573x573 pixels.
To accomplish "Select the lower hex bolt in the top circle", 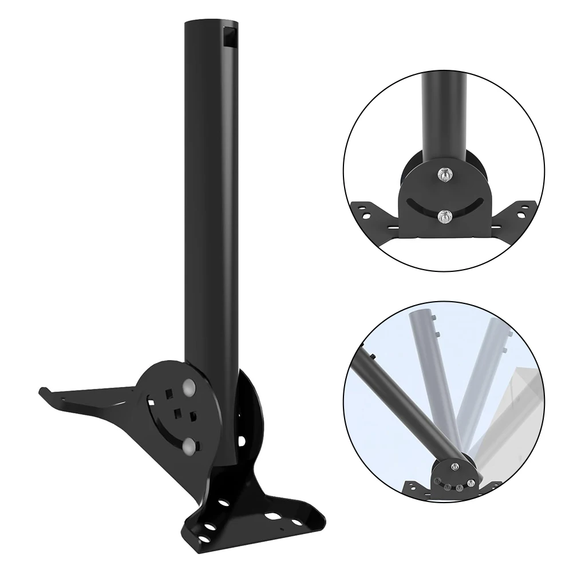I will tap(444, 216).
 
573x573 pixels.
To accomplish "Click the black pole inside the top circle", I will tap(444, 114).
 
